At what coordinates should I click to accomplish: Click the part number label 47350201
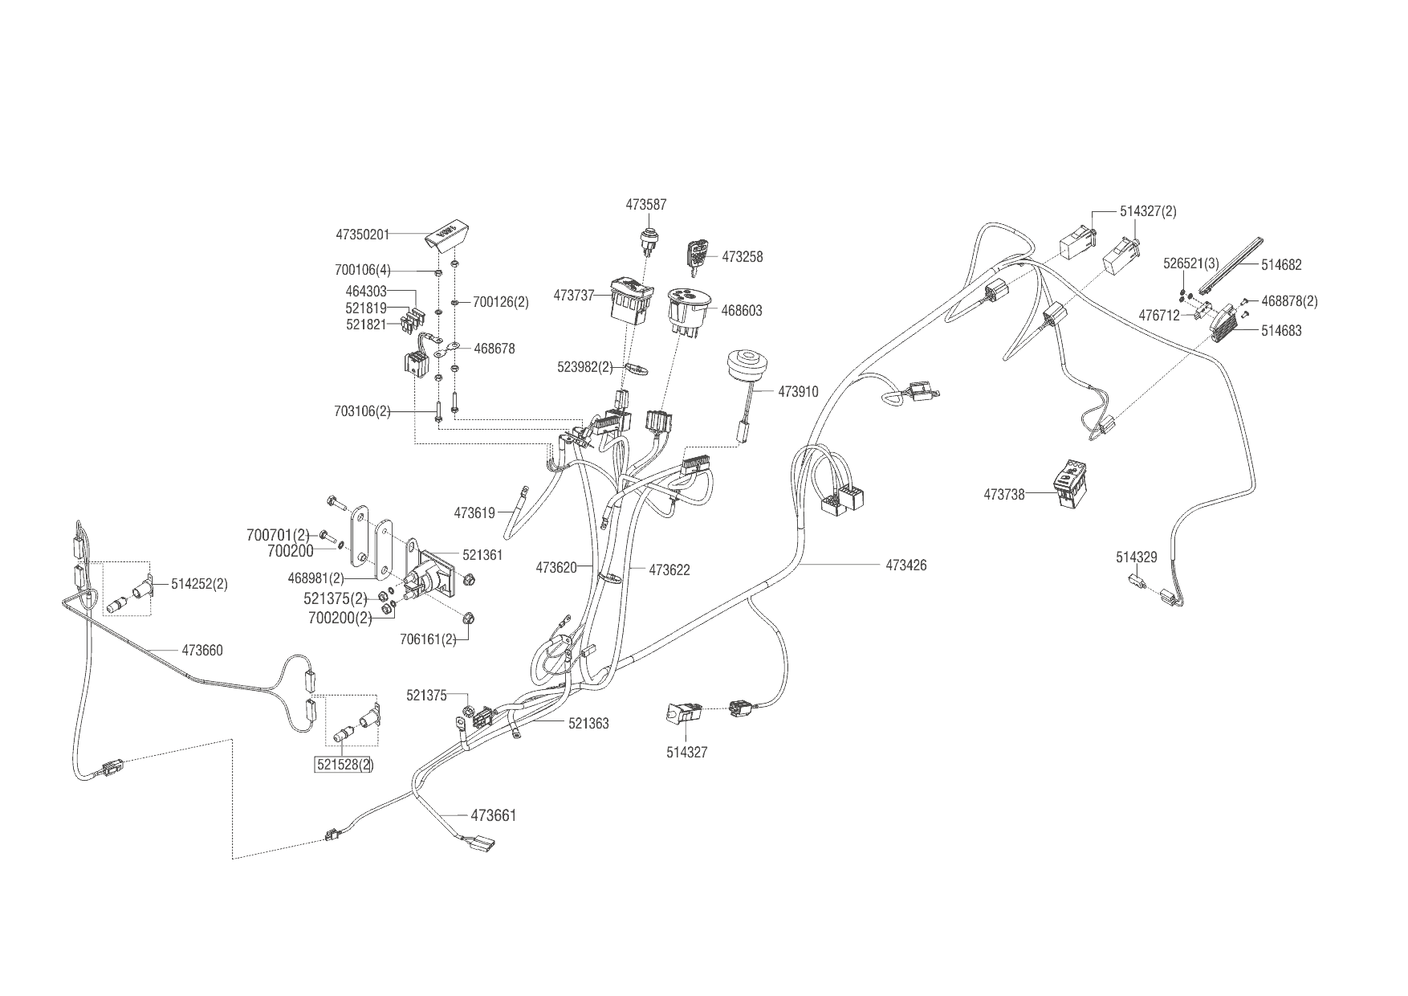362,235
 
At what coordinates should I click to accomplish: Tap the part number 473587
646,205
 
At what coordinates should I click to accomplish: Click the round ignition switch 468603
687,309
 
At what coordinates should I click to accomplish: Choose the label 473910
798,392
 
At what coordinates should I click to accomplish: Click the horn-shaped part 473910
744,369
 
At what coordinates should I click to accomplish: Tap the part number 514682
1281,265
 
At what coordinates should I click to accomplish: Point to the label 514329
1136,557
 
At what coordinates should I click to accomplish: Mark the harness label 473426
906,565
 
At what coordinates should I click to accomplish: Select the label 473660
202,651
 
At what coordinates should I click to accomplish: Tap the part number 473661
493,816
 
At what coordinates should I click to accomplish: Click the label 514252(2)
199,585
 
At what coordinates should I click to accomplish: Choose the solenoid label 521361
482,554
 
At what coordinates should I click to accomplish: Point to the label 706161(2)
428,639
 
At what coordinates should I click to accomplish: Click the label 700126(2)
501,302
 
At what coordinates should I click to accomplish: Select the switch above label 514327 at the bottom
682,712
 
